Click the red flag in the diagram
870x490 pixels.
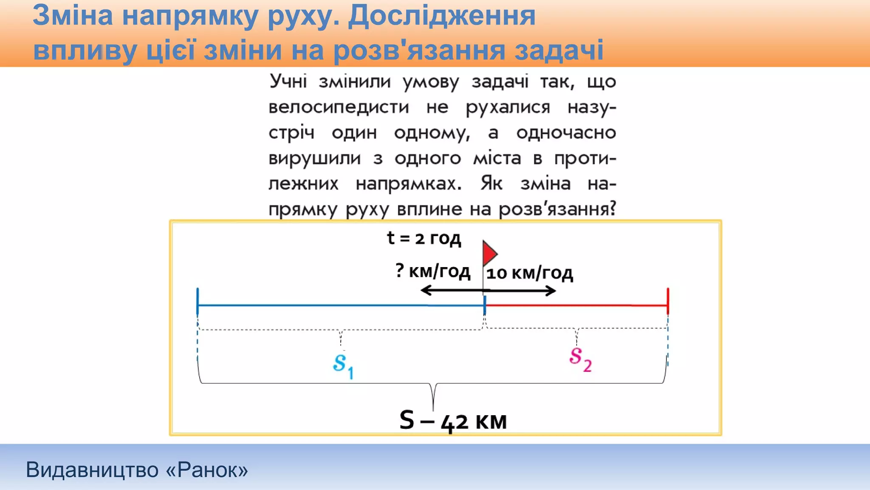490,254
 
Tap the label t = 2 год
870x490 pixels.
424,238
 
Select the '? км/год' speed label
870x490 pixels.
432,271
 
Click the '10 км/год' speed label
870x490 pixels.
529,273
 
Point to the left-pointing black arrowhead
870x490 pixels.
425,291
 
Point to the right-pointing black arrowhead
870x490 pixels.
551,291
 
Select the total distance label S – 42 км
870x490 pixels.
453,421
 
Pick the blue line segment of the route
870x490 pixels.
340,305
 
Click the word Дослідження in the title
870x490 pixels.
442,16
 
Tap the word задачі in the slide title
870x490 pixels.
559,50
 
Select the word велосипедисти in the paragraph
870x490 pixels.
339,107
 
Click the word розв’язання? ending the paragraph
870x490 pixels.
557,209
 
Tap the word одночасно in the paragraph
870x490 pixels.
566,133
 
